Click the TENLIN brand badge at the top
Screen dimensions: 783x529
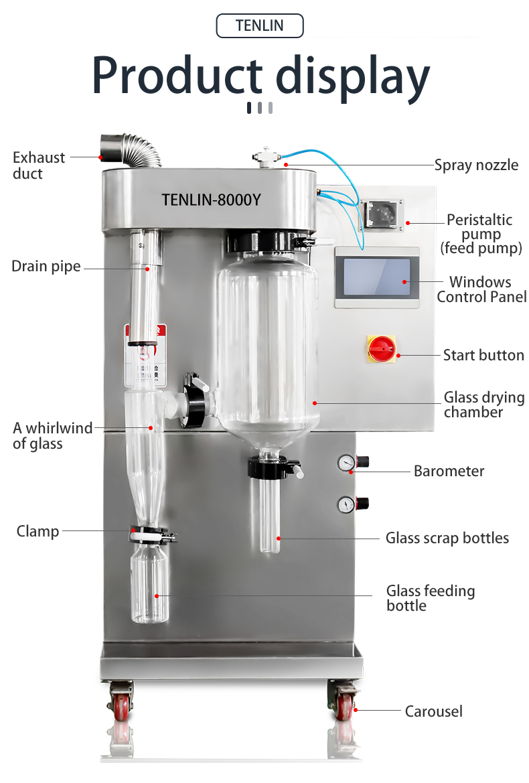[x=260, y=26]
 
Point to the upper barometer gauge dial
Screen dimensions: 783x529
[x=346, y=462]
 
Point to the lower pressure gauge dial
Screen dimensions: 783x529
[x=346, y=504]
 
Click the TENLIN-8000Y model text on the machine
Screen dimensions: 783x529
[x=211, y=200]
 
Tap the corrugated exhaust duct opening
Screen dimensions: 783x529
[x=108, y=144]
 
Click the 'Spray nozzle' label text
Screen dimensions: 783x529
[x=476, y=165]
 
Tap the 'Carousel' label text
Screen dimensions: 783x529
[x=433, y=711]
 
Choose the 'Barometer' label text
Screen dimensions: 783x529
[x=449, y=471]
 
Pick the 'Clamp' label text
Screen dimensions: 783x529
[x=37, y=531]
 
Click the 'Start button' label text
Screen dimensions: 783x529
[x=483, y=355]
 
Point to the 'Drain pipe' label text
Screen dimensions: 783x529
[x=46, y=267]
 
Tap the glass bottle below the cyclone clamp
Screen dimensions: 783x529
[x=149, y=583]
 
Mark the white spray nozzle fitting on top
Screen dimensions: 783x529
[x=267, y=156]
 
